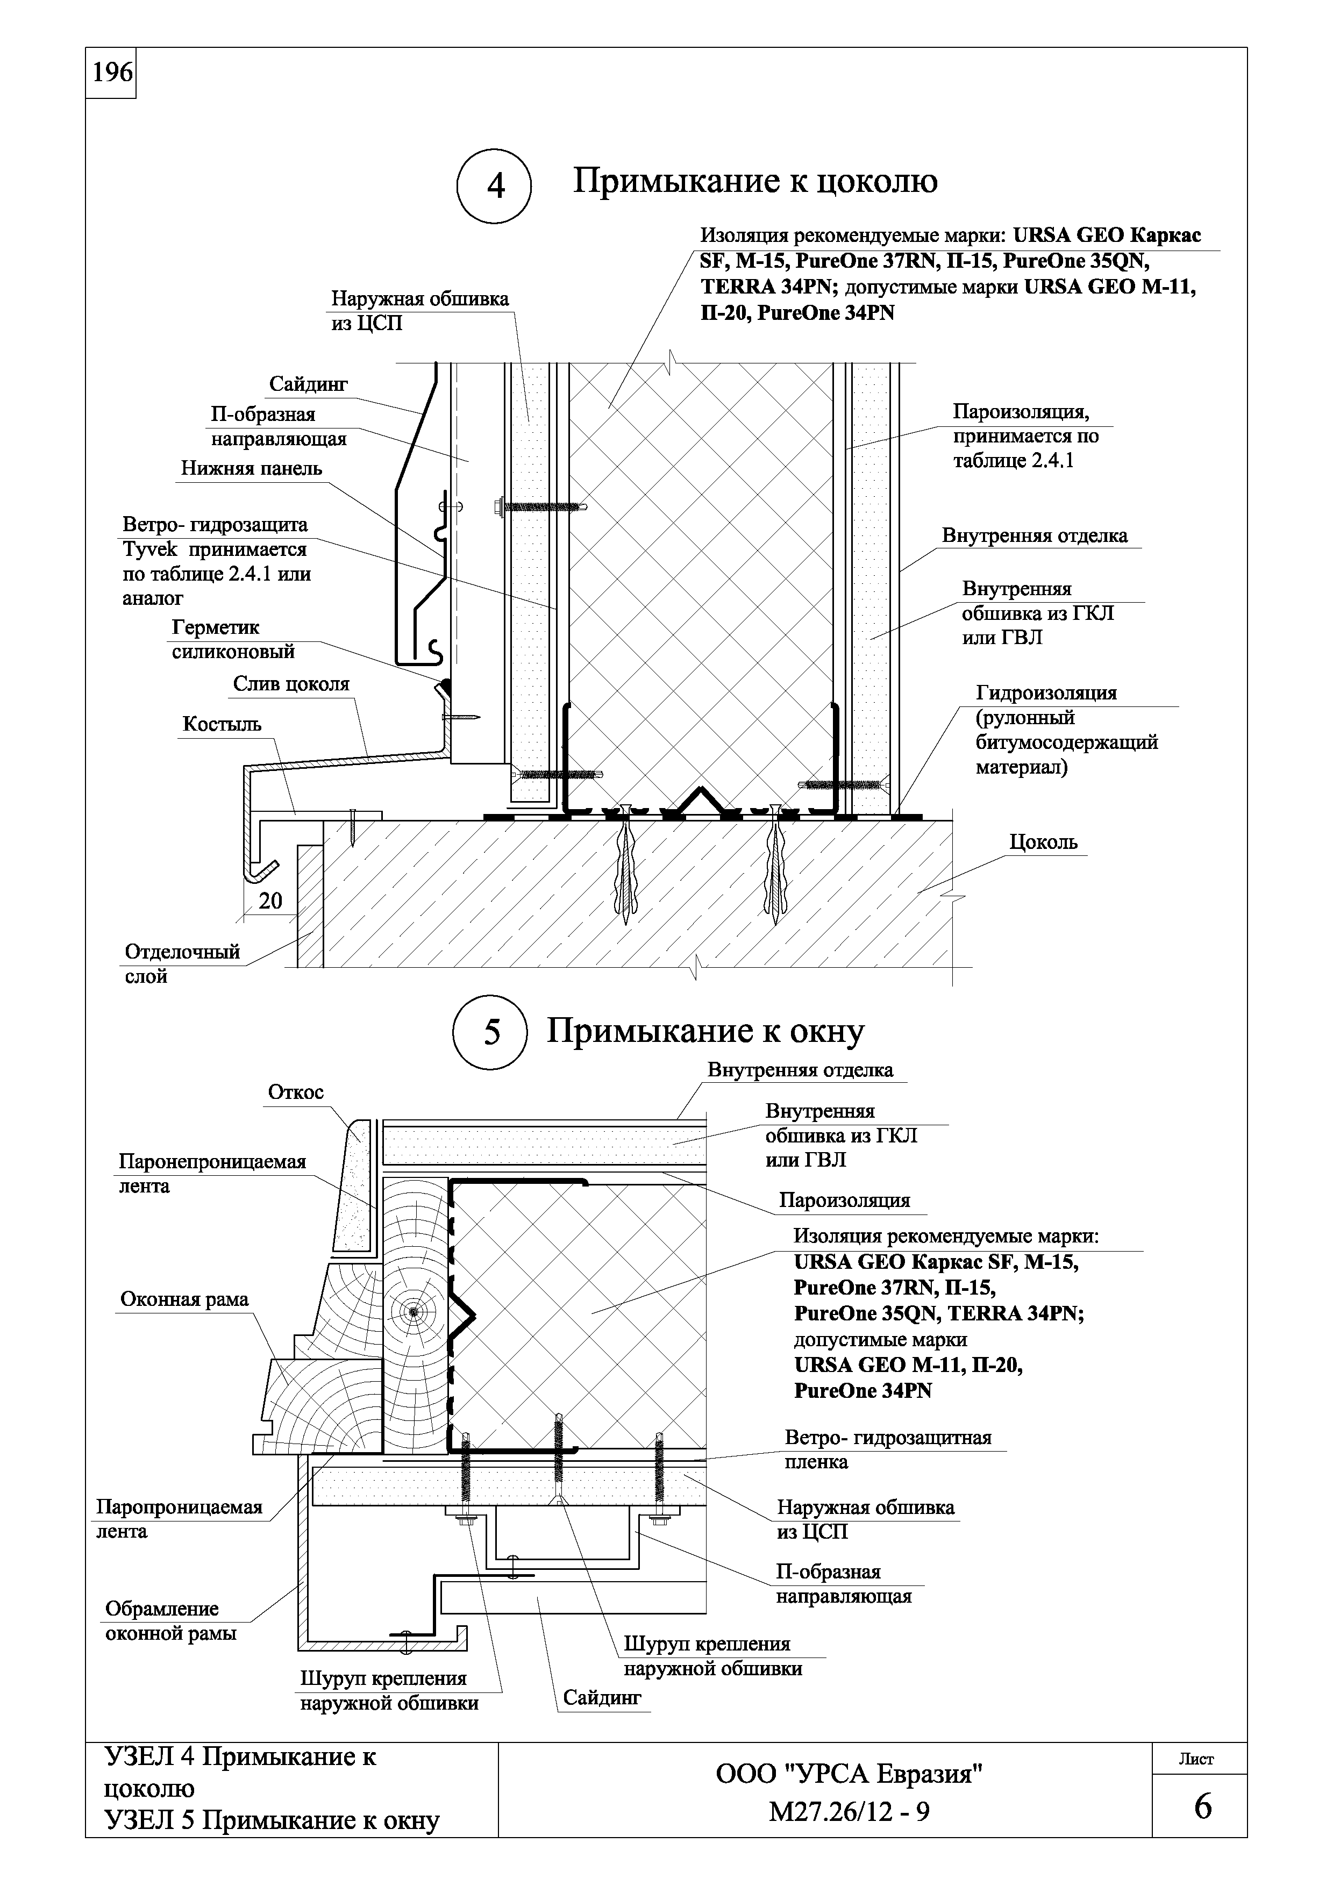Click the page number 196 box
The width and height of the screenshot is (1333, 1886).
[111, 73]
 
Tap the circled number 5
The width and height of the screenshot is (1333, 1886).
[491, 1032]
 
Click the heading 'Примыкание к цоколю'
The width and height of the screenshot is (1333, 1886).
[755, 180]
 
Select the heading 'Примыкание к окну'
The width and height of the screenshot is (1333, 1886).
[705, 1031]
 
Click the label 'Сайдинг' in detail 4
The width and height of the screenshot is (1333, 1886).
[309, 384]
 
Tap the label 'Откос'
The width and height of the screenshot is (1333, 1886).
[296, 1092]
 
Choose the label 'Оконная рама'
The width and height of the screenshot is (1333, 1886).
[184, 1299]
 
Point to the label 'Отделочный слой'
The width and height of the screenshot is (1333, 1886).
[182, 963]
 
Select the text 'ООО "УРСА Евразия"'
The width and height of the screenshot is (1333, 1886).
[849, 1774]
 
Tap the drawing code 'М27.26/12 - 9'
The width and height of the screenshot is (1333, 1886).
[849, 1811]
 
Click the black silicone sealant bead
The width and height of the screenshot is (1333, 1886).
[444, 683]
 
